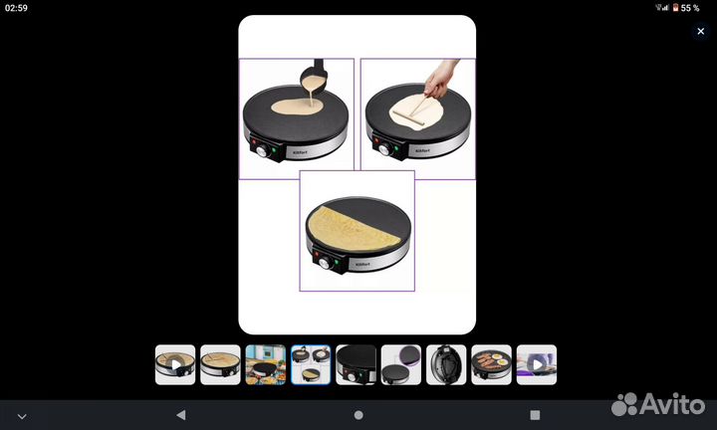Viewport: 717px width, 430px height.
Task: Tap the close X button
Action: point(700,31)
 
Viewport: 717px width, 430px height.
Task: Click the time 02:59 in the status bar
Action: point(15,8)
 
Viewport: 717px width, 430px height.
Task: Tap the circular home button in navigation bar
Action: point(358,415)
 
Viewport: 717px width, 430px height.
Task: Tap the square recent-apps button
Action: point(535,415)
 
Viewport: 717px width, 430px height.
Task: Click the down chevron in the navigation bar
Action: point(22,415)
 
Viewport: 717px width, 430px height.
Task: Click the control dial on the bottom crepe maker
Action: point(323,266)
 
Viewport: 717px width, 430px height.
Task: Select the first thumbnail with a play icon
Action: point(175,365)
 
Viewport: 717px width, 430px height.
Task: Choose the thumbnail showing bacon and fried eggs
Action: point(491,365)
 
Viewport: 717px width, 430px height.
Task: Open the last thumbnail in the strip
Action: point(537,365)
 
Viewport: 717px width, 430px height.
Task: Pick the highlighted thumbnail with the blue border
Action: point(311,365)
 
